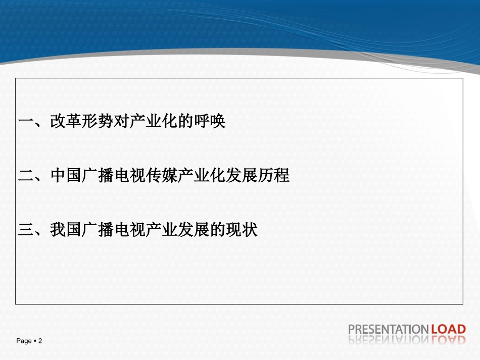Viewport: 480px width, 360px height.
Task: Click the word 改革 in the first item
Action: (66, 122)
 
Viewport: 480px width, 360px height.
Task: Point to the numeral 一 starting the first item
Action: (25, 122)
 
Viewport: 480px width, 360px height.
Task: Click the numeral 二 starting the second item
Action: (25, 176)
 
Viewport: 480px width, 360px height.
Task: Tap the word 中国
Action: (66, 176)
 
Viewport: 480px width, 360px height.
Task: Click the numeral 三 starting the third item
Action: (25, 230)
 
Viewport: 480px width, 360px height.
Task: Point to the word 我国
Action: (66, 230)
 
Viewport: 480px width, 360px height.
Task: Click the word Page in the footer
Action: (24, 341)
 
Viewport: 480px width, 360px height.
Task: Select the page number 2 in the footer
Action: (40, 341)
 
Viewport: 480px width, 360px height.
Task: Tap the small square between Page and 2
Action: (35, 341)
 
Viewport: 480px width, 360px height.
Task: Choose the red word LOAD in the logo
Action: (448, 330)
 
